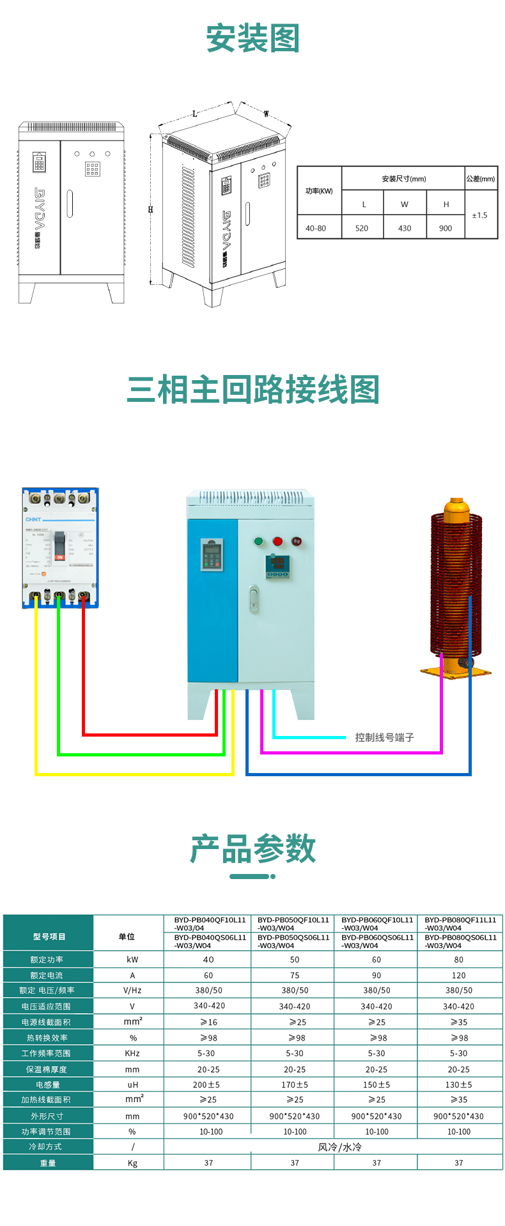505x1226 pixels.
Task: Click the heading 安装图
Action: (x=252, y=39)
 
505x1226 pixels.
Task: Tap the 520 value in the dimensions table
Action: (x=362, y=228)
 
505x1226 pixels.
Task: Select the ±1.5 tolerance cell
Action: (x=479, y=215)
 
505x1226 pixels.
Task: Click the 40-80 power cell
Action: (x=316, y=228)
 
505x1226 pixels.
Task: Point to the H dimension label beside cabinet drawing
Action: (x=151, y=210)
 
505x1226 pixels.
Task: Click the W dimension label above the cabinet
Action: (x=267, y=114)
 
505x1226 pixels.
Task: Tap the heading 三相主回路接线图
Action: (x=252, y=390)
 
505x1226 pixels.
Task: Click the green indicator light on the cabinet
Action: (x=259, y=541)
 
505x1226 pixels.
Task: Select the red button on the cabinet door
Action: (x=277, y=541)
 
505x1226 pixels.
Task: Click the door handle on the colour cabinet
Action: (x=254, y=599)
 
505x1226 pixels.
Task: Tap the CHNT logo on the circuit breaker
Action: (x=33, y=519)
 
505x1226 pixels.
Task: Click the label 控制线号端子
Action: (x=385, y=737)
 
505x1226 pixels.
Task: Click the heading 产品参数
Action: (x=252, y=849)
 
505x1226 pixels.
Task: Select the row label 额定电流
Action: (x=47, y=976)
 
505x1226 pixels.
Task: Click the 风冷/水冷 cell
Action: (x=339, y=1147)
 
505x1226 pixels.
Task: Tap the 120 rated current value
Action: (x=459, y=976)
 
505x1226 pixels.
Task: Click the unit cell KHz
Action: (x=132, y=1054)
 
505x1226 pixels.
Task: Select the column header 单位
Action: (x=127, y=937)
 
